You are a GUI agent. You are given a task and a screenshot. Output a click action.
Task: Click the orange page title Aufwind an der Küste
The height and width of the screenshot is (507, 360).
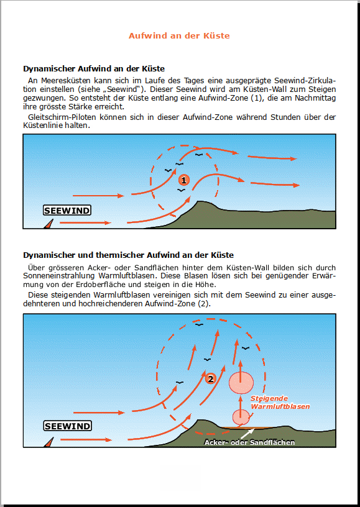pyautogui.click(x=179, y=35)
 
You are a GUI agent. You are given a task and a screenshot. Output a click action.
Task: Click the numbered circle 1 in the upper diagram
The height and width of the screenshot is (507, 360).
pyautogui.click(x=183, y=180)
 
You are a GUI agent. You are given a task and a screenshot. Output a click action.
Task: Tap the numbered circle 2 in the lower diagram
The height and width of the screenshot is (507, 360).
pyautogui.click(x=210, y=378)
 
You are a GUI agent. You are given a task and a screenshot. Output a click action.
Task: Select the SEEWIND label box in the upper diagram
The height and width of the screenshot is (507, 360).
pyautogui.click(x=67, y=211)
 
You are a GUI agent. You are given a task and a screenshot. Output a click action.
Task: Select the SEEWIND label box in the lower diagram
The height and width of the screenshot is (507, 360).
pyautogui.click(x=67, y=426)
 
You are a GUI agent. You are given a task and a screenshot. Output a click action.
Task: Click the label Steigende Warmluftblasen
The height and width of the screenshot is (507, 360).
pyautogui.click(x=280, y=403)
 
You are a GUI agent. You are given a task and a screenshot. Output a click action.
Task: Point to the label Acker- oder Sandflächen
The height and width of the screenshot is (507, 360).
pyautogui.click(x=249, y=442)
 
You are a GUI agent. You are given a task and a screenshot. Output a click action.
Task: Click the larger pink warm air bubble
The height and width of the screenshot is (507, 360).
pyautogui.click(x=241, y=383)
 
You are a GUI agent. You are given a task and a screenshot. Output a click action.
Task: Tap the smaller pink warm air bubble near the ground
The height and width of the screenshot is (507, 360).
pyautogui.click(x=241, y=417)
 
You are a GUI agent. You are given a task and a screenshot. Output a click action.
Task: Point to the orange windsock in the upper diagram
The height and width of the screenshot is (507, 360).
pyautogui.click(x=49, y=224)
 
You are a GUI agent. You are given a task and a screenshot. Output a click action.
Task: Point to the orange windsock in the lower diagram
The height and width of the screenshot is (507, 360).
pyautogui.click(x=49, y=442)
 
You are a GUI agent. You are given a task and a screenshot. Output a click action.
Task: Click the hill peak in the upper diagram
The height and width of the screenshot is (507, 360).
pyautogui.click(x=201, y=202)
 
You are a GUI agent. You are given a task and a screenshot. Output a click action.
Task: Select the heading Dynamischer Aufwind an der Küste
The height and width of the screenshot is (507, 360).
pyautogui.click(x=94, y=68)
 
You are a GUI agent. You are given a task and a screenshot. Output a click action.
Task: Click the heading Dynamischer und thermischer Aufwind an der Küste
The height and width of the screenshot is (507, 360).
pyautogui.click(x=129, y=255)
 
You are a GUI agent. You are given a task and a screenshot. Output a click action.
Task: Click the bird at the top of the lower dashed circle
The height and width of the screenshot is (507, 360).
pyautogui.click(x=199, y=324)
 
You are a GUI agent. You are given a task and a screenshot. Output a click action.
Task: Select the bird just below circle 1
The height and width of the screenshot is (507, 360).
pyautogui.click(x=181, y=190)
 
